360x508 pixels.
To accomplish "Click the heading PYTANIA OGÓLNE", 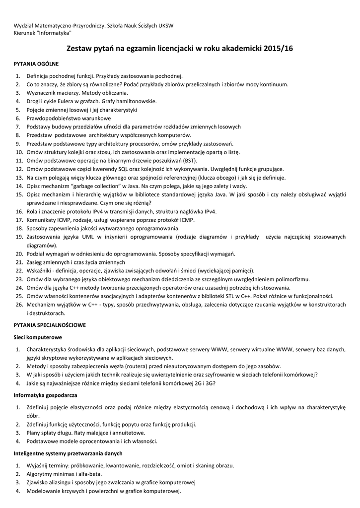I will pyautogui.click(x=36, y=64).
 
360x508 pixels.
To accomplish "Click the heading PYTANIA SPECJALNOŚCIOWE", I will pyautogui.click(x=50, y=325).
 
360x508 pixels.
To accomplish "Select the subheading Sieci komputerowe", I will pyautogui.click(x=38, y=337).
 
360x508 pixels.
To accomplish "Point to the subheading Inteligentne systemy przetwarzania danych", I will pyautogui.click(x=68, y=453).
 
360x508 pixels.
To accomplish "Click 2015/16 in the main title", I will pyautogui.click(x=279, y=49).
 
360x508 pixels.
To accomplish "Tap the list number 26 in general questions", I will pyautogui.click(x=19, y=305).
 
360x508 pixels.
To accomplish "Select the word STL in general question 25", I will pyautogui.click(x=233, y=296).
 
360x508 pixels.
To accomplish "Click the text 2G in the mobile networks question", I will pyautogui.click(x=195, y=383).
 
